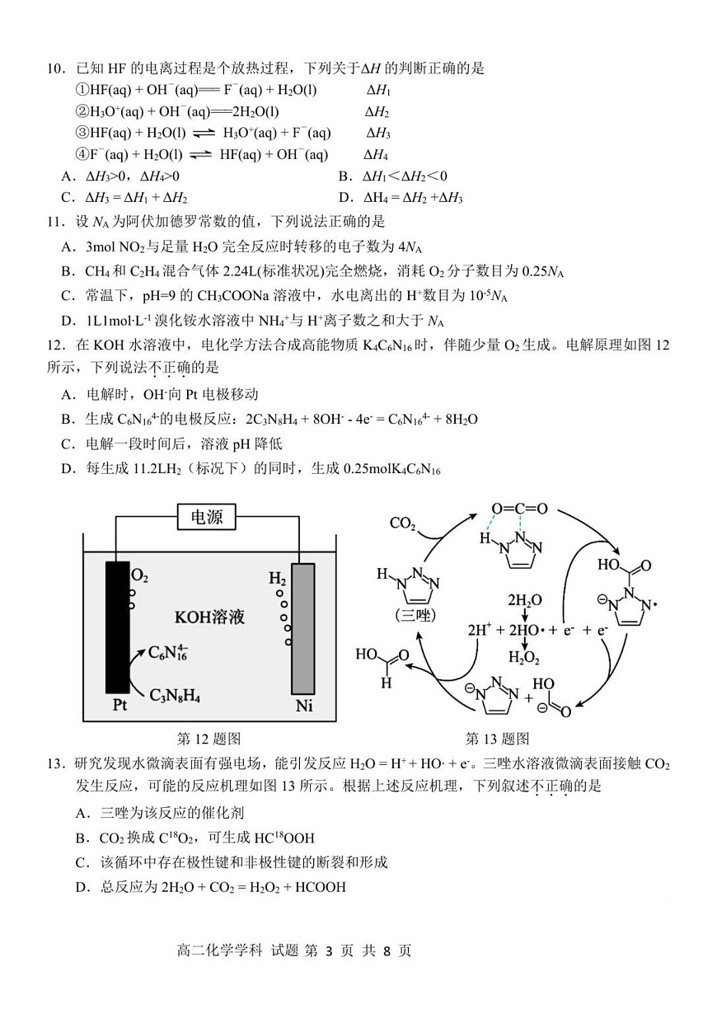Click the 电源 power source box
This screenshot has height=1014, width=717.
[x=212, y=517]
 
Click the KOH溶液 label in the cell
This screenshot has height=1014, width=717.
[x=209, y=617]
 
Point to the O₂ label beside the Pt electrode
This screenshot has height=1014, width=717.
[x=140, y=575]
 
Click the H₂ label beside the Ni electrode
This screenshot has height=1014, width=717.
[x=278, y=578]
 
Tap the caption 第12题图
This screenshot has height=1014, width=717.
[x=209, y=738]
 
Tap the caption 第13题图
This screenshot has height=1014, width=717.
[x=498, y=738]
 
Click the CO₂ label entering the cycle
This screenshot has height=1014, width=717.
[x=402, y=523]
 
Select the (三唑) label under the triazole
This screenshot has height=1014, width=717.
[x=419, y=615]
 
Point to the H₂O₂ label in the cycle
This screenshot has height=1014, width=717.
[x=524, y=657]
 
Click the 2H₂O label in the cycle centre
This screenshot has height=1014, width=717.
[x=524, y=599]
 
